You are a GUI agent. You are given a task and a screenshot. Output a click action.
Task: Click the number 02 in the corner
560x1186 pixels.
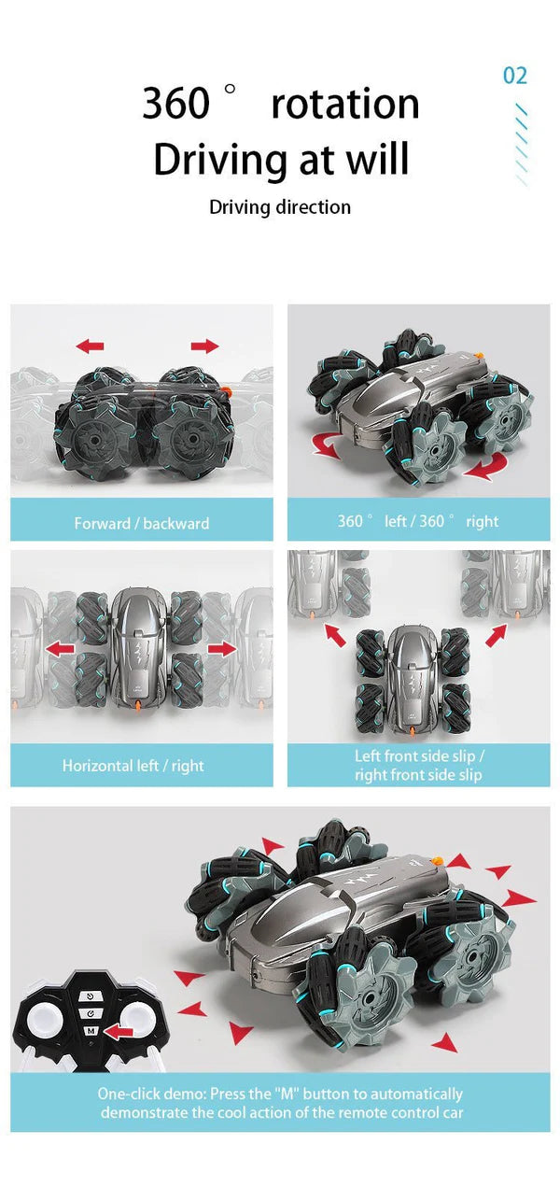pos(515,76)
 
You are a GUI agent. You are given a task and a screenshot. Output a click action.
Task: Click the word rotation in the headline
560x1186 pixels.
pos(345,104)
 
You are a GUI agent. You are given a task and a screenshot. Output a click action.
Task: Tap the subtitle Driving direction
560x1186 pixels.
pos(280,207)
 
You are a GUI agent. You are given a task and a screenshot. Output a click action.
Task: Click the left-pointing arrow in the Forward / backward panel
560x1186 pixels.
pos(90,346)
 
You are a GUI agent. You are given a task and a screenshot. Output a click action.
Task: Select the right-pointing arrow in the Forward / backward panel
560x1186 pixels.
pos(204,346)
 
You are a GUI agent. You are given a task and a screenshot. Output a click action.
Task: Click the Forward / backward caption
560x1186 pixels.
pos(142,524)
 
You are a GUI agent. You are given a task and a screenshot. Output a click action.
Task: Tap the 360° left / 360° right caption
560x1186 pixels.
pos(418,521)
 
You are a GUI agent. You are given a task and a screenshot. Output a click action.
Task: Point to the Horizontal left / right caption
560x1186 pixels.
pos(133,766)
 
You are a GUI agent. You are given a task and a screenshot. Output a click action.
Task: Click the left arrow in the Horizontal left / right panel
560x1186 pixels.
pos(60,649)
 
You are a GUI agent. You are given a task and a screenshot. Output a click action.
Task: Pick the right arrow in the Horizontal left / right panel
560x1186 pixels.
pos(222,649)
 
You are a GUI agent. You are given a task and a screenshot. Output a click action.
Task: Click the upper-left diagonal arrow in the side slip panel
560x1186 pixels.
pos(335,635)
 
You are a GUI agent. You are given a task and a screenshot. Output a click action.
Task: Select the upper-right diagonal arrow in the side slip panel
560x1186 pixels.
pos(496,635)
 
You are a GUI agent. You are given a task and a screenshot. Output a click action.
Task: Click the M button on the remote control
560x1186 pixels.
pos(91,1031)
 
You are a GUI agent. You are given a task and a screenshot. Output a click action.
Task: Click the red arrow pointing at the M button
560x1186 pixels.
pos(119,1031)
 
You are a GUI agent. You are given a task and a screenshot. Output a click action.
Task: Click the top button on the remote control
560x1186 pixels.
pos(91,995)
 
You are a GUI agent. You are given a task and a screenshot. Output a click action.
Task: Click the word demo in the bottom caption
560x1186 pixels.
pos(183,1094)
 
